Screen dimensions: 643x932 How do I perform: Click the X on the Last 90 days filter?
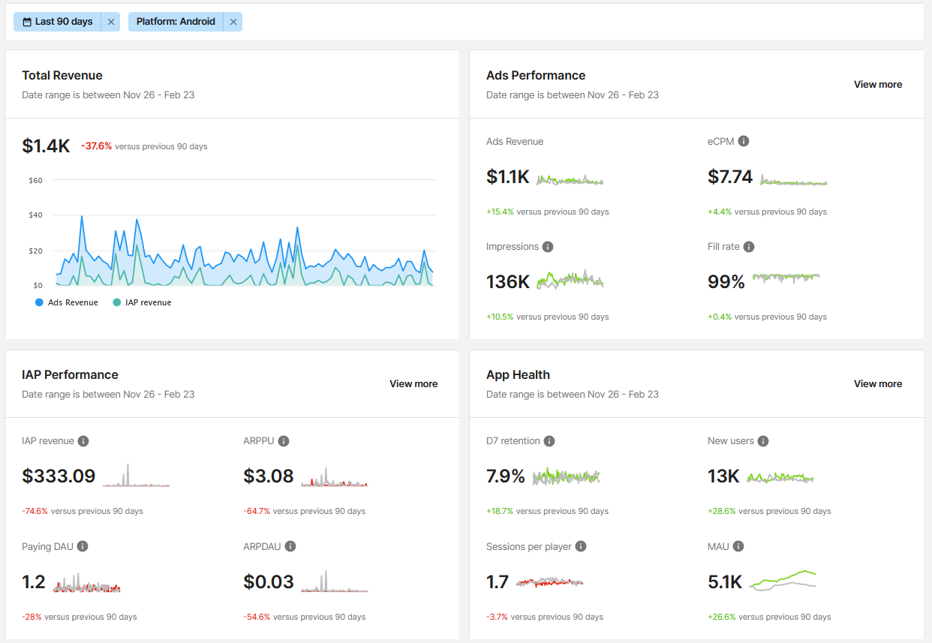tap(111, 22)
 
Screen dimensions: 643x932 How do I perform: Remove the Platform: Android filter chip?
tap(233, 22)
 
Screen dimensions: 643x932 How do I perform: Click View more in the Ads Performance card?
tap(877, 84)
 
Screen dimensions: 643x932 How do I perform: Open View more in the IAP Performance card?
tap(413, 383)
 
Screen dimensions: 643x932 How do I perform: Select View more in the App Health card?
tap(877, 383)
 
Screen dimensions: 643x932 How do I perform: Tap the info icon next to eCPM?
tap(744, 141)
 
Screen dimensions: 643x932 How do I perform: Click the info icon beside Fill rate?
tap(748, 247)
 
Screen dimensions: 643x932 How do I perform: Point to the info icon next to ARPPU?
tap(284, 441)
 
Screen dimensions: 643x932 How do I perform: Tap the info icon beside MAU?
tap(738, 546)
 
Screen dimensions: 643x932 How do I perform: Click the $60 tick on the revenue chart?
tap(35, 180)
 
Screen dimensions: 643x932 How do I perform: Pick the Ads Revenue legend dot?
tap(39, 302)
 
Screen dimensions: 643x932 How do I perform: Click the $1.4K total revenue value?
tap(46, 146)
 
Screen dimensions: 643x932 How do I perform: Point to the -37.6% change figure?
tap(96, 146)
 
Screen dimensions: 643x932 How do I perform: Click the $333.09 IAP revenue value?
tap(59, 476)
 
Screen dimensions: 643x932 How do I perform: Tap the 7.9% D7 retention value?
tap(505, 476)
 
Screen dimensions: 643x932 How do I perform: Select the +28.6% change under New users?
tap(720, 511)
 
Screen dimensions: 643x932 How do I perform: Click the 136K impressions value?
tap(508, 281)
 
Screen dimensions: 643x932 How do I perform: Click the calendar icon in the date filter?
tap(27, 22)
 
